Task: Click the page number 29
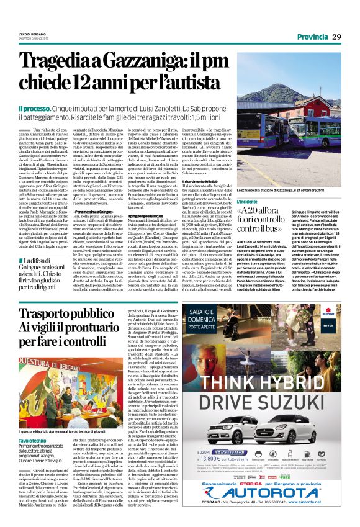click(337, 37)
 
